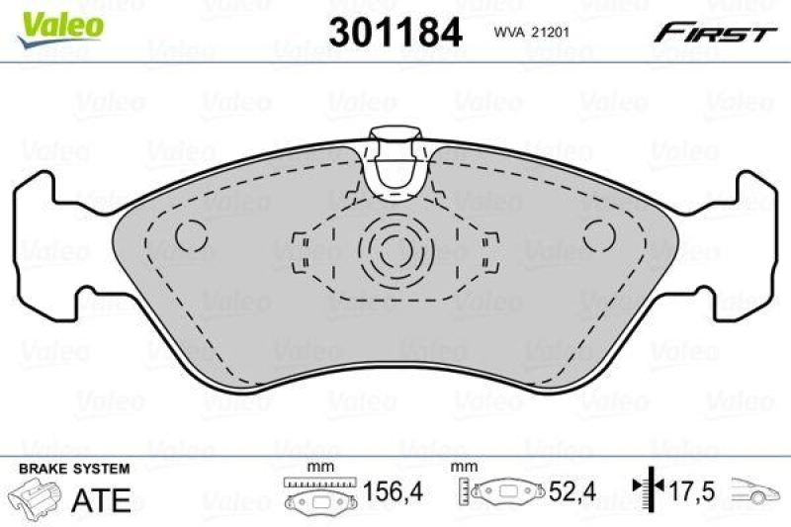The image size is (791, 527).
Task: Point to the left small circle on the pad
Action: [x=191, y=234]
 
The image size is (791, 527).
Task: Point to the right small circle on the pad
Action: [x=598, y=235]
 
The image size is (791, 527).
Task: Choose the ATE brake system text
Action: [x=102, y=499]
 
